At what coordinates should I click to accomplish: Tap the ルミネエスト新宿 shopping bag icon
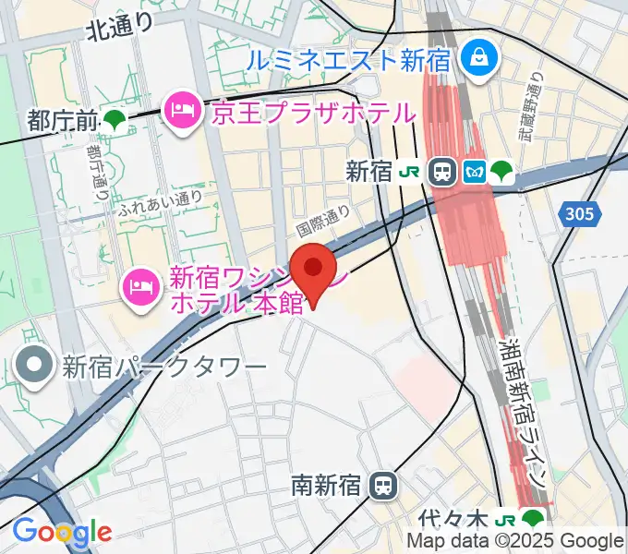pyautogui.click(x=480, y=59)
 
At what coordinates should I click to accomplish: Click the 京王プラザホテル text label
pyautogui.click(x=312, y=113)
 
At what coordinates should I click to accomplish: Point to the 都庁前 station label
pyautogui.click(x=62, y=119)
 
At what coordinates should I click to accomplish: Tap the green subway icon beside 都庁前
pyautogui.click(x=115, y=119)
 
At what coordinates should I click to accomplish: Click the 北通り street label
pyautogui.click(x=119, y=30)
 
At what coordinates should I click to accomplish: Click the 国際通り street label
pyautogui.click(x=323, y=219)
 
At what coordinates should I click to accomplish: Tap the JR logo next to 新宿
pyautogui.click(x=409, y=171)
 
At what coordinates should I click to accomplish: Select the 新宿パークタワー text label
pyautogui.click(x=163, y=367)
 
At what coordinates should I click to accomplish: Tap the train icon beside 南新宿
pyautogui.click(x=380, y=485)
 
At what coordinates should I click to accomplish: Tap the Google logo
pyautogui.click(x=62, y=531)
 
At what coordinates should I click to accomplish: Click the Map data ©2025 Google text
pyautogui.click(x=515, y=541)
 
